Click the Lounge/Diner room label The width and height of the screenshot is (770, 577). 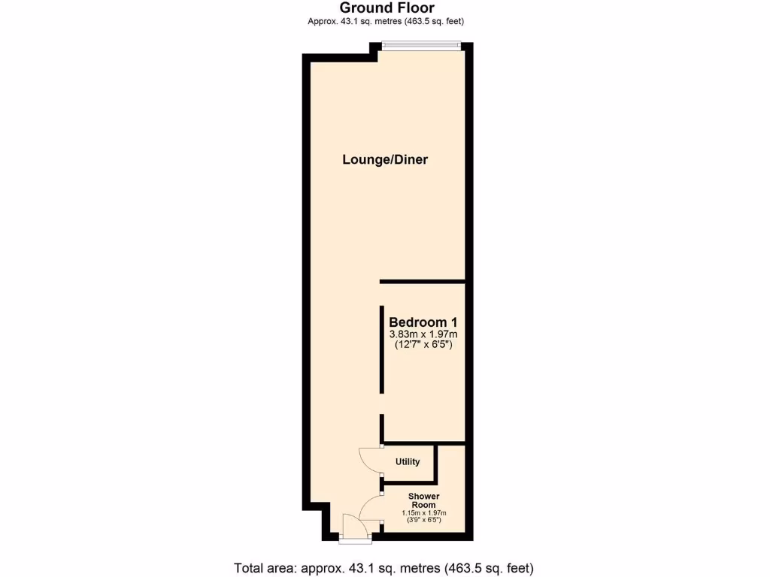click(385, 159)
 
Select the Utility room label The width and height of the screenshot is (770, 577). click(407, 461)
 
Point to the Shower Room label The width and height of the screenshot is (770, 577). click(424, 501)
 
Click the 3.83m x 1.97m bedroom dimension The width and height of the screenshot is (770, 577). click(423, 334)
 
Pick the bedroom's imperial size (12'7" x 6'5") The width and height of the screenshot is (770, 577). click(423, 345)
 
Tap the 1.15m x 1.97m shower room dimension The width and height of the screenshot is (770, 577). click(424, 513)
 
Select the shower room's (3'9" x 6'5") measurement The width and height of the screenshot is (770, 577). click(424, 520)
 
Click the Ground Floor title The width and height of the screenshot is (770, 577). click(386, 8)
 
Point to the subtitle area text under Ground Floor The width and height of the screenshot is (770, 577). click(386, 21)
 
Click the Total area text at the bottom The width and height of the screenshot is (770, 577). click(384, 567)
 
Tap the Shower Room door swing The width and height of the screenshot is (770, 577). click(371, 509)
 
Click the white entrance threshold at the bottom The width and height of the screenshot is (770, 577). click(354, 539)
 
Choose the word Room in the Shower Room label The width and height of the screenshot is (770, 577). click(424, 506)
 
